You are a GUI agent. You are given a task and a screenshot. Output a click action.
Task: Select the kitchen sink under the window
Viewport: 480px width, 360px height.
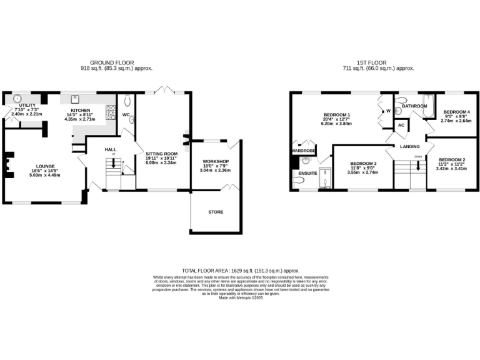(75, 98)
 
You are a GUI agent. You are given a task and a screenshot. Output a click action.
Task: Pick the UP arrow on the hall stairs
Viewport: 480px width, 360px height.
(114, 164)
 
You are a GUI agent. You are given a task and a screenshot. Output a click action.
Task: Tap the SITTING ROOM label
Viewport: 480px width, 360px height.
(162, 153)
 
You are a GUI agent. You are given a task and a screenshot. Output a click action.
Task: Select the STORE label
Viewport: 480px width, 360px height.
(215, 212)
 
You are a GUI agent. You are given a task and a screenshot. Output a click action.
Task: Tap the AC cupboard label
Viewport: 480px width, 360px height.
(401, 126)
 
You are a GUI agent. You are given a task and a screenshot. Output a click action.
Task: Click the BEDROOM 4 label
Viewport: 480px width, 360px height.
(456, 112)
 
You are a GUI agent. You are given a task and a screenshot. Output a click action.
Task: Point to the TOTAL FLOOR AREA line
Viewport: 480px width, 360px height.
(241, 269)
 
